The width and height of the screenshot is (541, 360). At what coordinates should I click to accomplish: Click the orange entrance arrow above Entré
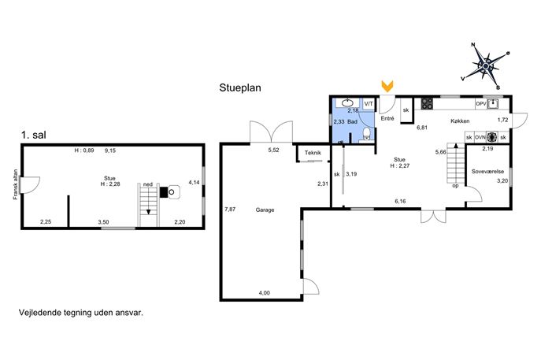click(x=387, y=87)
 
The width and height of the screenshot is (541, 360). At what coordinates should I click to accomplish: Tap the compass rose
click(x=486, y=65)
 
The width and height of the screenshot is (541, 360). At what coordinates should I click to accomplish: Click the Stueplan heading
click(x=240, y=87)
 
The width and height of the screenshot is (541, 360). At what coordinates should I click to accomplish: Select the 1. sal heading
click(x=33, y=135)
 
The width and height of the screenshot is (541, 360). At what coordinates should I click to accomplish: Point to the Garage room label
click(x=265, y=210)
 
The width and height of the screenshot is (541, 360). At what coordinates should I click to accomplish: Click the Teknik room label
click(x=313, y=153)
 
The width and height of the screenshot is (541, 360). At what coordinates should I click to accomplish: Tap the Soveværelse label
click(x=488, y=171)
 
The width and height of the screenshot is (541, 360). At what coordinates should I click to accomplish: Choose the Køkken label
click(x=460, y=121)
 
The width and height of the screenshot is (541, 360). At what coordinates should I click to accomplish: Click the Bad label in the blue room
click(x=352, y=122)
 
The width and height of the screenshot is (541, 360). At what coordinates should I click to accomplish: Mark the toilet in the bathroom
click(x=366, y=134)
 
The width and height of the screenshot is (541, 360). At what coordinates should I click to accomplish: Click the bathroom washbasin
click(x=346, y=102)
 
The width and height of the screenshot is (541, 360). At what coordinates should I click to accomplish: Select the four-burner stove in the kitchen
click(x=427, y=103)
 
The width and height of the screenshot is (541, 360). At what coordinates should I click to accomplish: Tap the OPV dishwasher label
click(x=480, y=103)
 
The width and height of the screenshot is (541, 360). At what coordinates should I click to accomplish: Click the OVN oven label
click(x=480, y=137)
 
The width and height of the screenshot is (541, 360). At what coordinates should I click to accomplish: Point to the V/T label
click(x=369, y=103)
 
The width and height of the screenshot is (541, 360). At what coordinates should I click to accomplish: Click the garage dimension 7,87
click(x=230, y=209)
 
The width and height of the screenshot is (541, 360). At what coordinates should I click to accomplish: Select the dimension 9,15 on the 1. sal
click(x=110, y=150)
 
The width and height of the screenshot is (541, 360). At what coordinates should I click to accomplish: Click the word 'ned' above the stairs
click(x=148, y=184)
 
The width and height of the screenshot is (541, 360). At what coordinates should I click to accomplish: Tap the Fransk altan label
click(x=15, y=184)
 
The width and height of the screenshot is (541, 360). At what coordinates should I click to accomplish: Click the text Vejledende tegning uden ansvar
click(x=81, y=313)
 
